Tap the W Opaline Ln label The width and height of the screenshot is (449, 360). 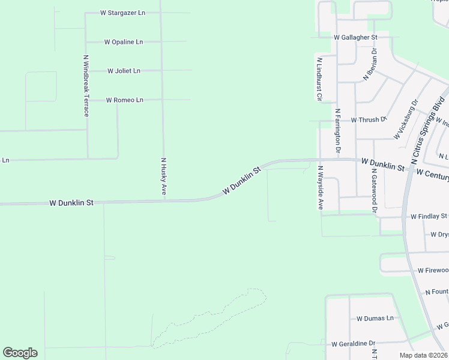click(124, 42)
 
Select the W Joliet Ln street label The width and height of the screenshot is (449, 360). click(124, 71)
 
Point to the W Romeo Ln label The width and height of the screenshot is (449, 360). click(124, 100)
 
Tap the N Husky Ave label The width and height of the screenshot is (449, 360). click(163, 177)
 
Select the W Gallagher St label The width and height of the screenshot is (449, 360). click(355, 37)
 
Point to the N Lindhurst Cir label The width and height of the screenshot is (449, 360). click(319, 79)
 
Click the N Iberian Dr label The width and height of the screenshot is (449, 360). click(369, 65)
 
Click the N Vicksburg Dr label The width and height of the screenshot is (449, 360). click(406, 121)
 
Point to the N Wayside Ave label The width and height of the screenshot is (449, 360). click(321, 188)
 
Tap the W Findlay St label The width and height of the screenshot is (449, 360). click(429, 216)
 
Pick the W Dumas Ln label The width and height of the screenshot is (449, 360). click(375, 318)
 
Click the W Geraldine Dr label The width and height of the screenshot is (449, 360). click(353, 344)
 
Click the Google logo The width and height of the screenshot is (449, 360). click(20, 352)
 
